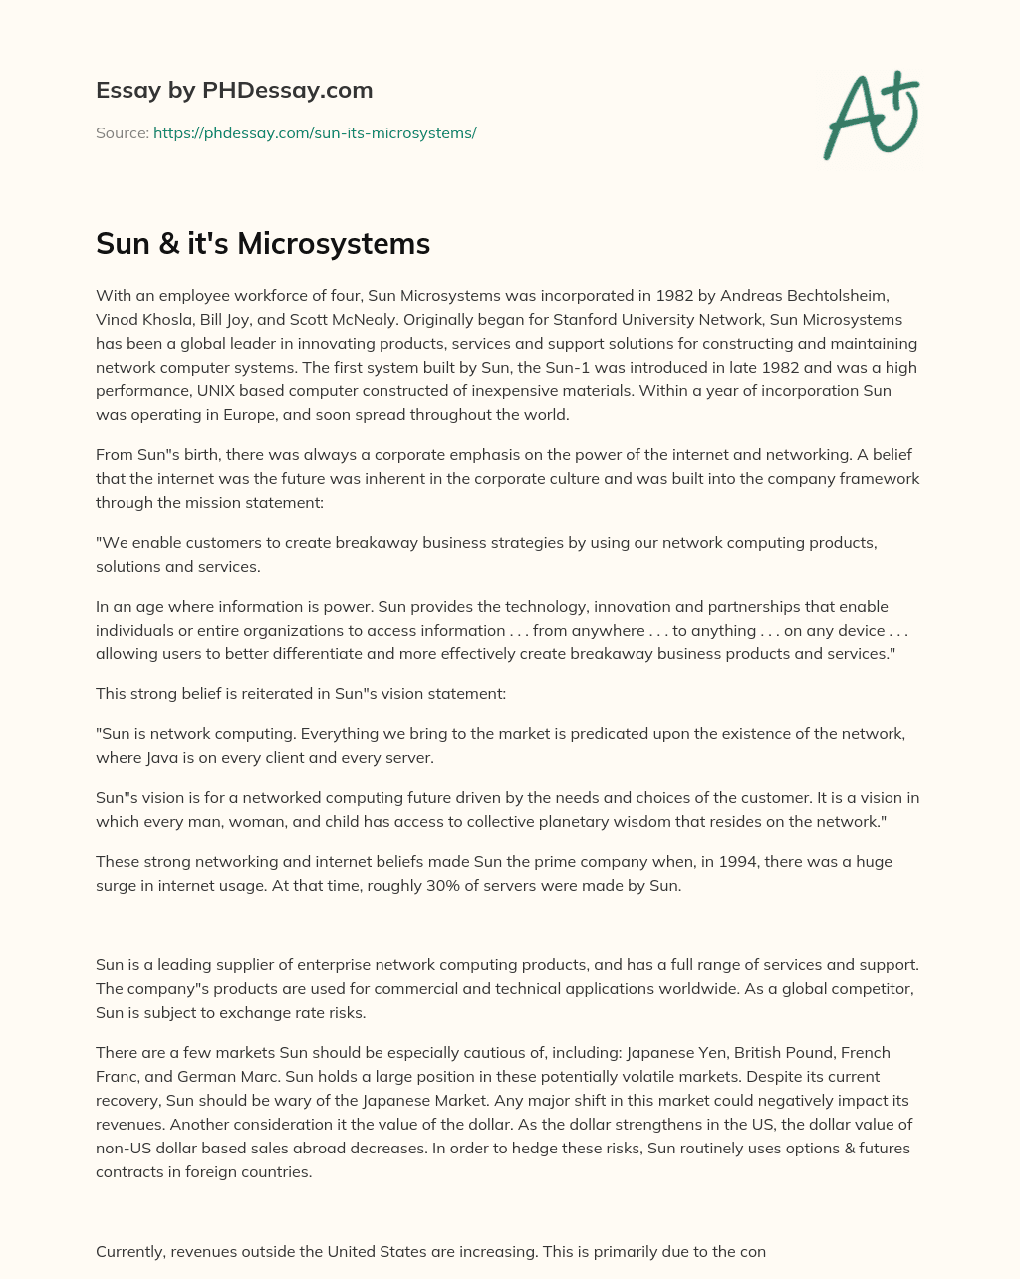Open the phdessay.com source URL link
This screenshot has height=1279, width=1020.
[315, 132]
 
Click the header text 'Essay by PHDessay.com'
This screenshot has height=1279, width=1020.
[234, 90]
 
